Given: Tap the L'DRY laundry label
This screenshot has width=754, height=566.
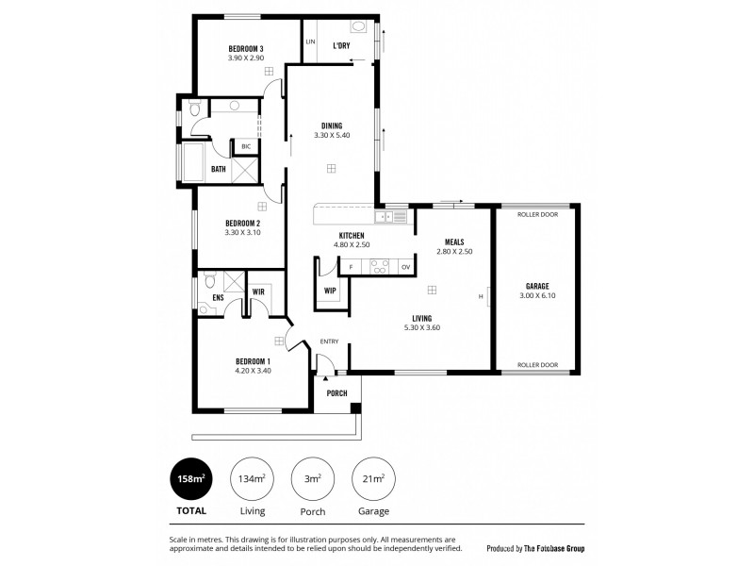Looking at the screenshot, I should (342, 44).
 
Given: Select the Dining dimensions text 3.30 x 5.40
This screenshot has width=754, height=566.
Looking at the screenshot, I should (331, 136).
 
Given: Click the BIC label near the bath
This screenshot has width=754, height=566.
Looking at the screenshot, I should (246, 147).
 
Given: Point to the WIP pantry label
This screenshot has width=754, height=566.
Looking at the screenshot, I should (330, 291).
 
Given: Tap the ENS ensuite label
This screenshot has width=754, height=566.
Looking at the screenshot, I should (217, 297).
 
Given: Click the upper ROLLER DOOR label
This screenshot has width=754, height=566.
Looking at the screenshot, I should (538, 214).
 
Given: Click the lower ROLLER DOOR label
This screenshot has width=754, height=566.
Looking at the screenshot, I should (538, 365).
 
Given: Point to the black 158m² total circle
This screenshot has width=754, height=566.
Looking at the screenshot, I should (189, 479).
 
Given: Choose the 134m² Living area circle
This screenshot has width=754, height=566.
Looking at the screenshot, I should (251, 479).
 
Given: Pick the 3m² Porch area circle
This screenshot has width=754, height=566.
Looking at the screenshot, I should (312, 479).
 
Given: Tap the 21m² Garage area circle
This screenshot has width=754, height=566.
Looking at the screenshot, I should (372, 479).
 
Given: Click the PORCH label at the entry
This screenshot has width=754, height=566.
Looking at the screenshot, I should (336, 393).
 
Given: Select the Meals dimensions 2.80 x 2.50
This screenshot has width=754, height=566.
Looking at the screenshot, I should (452, 252).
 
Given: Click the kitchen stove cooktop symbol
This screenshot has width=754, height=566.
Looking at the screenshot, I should (378, 267).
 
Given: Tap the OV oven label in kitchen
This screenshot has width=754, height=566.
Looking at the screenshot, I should (405, 267).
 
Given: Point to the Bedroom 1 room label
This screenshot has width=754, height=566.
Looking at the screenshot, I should (253, 361).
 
